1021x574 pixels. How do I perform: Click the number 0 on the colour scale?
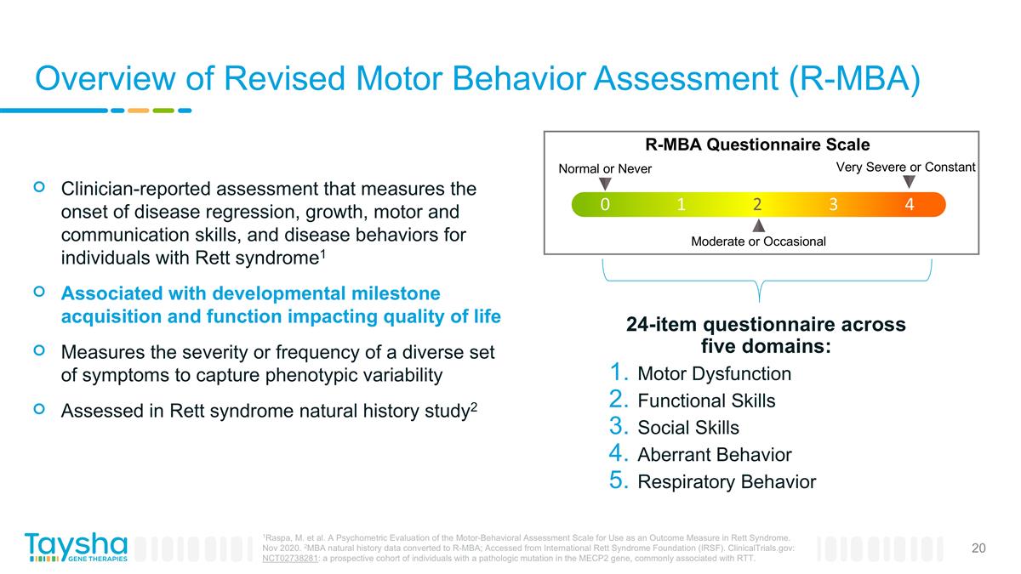pyautogui.click(x=604, y=205)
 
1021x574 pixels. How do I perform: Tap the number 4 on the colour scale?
pyautogui.click(x=910, y=205)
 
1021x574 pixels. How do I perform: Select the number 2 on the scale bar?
pyautogui.click(x=757, y=205)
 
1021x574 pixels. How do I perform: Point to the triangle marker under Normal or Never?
pyautogui.click(x=605, y=183)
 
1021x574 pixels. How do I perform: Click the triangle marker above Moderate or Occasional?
pyautogui.click(x=759, y=225)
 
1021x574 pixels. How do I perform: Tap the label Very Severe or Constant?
pyautogui.click(x=905, y=168)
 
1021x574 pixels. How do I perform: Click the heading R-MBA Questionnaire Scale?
pyautogui.click(x=756, y=145)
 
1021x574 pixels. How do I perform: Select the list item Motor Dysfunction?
pyautogui.click(x=714, y=374)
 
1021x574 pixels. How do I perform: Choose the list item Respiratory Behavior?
pyautogui.click(x=726, y=482)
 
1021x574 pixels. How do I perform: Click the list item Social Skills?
pyautogui.click(x=687, y=428)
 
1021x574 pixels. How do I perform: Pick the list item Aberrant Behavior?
pyautogui.click(x=714, y=455)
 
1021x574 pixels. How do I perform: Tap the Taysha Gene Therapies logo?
pyautogui.click(x=76, y=547)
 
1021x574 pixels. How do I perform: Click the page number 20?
pyautogui.click(x=978, y=548)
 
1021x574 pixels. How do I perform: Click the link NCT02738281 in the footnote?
pyautogui.click(x=290, y=560)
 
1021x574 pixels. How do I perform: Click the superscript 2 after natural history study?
pyautogui.click(x=474, y=406)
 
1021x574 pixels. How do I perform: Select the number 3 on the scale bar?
pyautogui.click(x=834, y=205)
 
